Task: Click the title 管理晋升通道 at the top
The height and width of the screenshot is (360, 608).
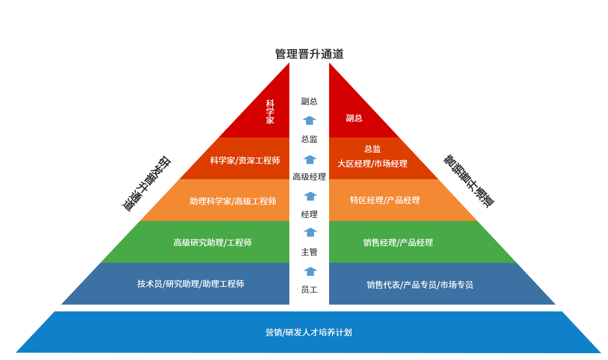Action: pos(309,54)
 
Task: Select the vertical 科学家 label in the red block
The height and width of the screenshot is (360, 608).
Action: pos(270,112)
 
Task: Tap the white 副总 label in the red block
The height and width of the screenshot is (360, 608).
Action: pos(354,118)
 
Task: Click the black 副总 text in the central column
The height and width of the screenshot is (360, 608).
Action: pos(309,101)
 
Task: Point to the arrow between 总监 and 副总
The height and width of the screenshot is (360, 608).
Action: pos(309,121)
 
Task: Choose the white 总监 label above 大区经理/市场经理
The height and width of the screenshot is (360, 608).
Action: pos(372,149)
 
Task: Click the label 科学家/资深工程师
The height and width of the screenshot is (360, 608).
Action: pos(245,160)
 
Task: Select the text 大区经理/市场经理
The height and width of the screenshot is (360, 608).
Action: pos(372,164)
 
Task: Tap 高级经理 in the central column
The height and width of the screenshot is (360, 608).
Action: pos(309,177)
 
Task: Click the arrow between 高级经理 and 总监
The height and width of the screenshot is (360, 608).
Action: pos(310,159)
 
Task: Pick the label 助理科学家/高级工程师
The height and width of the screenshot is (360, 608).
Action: pos(233,201)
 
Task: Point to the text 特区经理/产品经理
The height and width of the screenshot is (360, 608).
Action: pos(385,200)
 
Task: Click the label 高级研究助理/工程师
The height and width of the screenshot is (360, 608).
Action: pos(213,242)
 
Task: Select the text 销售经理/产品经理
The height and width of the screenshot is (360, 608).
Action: pos(398,242)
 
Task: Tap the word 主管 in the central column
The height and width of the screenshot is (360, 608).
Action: pos(309,252)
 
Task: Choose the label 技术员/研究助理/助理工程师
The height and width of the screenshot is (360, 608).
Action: pos(191,284)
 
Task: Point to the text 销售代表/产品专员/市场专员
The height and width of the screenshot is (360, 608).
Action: pos(420,285)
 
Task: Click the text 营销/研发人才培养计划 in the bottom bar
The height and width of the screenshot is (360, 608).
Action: pos(309,332)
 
